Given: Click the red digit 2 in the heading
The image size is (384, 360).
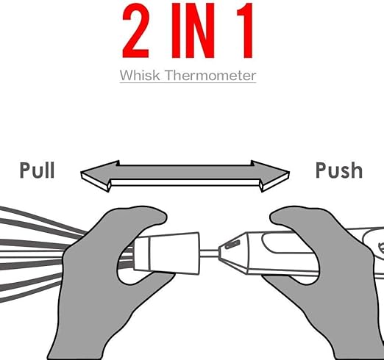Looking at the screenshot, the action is (x=135, y=31).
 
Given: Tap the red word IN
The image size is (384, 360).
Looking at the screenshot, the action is (x=193, y=31).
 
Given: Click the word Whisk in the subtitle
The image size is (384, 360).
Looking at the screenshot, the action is (x=140, y=75).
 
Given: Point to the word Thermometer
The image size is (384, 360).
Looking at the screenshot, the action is (x=210, y=75).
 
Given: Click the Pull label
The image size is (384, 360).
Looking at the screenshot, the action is (x=37, y=170).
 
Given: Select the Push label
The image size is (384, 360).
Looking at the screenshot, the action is (x=339, y=170).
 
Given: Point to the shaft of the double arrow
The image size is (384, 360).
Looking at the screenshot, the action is (x=185, y=175).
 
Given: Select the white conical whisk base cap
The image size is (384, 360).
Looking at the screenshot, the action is (x=167, y=253).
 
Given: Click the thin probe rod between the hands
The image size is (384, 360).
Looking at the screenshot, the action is (x=209, y=253).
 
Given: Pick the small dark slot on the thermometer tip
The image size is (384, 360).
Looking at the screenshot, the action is (x=232, y=245).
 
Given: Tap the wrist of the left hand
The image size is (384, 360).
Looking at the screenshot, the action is (x=76, y=343).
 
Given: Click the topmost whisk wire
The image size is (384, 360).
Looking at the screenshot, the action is (x=43, y=219).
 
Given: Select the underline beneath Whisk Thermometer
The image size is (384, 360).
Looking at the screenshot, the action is (x=188, y=82).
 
